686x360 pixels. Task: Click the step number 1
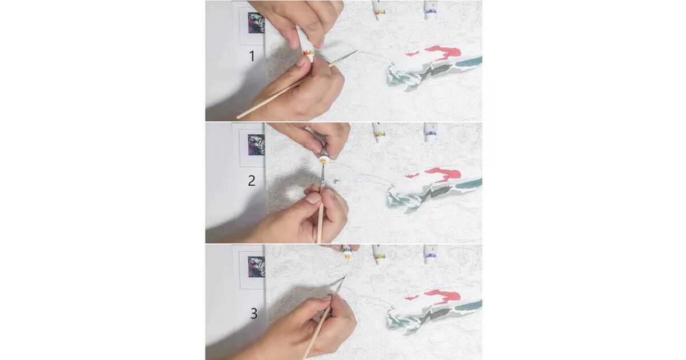tap(252, 56)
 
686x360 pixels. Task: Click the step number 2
tap(252, 181)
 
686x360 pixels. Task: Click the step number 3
tap(254, 314)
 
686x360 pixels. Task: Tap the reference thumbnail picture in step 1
tap(256, 23)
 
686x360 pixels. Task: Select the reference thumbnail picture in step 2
tap(256, 145)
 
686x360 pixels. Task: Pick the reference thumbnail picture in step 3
tap(256, 267)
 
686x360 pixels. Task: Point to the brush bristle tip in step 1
tap(357, 50)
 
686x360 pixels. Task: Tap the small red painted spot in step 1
tap(412, 54)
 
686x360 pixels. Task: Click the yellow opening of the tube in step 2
tap(323, 161)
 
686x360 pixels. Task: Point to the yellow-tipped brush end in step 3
tap(345, 276)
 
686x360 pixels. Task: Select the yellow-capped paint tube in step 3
tap(347, 252)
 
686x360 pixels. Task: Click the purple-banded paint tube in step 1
tap(430, 10)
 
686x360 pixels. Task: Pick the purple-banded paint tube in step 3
tap(430, 254)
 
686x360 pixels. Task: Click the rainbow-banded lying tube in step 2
tap(379, 133)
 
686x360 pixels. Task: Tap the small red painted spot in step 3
tap(412, 298)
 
